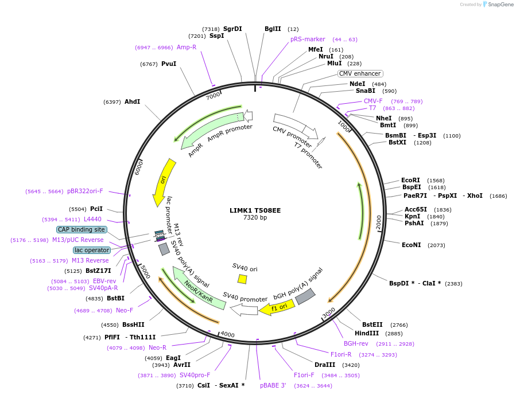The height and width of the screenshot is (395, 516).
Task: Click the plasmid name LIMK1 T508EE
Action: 255,210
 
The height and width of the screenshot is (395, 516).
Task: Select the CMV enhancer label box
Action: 359,73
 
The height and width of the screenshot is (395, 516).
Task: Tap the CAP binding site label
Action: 82,229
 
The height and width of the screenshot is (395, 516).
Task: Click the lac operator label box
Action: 92,250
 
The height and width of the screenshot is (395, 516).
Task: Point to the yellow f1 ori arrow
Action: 277,307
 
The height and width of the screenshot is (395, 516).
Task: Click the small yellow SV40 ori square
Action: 242,279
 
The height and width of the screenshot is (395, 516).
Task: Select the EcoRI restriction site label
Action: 410,180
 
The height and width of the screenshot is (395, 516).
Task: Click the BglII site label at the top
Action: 273,29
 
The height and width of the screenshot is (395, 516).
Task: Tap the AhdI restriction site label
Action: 132,101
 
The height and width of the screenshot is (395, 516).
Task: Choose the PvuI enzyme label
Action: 169,64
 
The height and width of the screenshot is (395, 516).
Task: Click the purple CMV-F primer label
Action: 373,101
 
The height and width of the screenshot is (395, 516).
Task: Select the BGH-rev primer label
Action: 356,343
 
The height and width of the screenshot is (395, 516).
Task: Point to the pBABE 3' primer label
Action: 273,385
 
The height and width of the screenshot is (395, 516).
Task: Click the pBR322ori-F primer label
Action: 85,191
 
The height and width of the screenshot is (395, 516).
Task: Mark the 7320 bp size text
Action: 255,217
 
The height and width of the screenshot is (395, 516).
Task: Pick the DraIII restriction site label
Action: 324,365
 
